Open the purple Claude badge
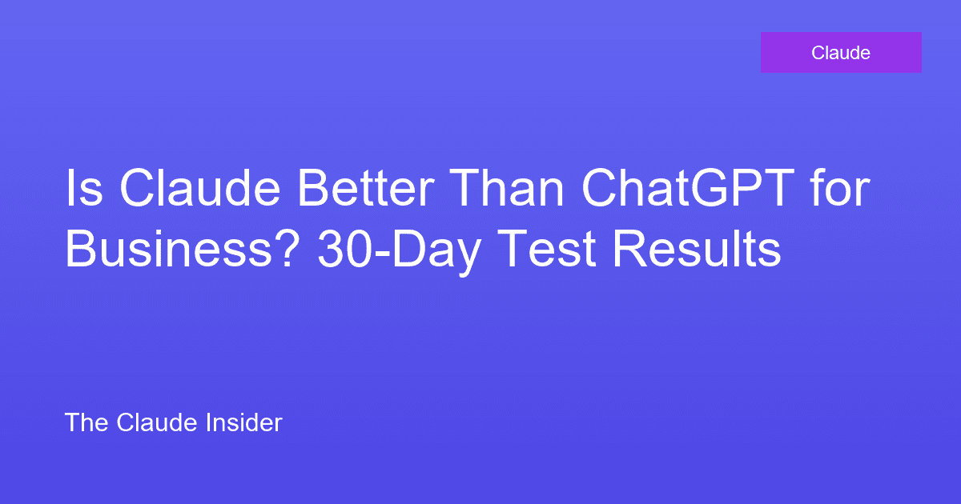click(841, 53)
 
